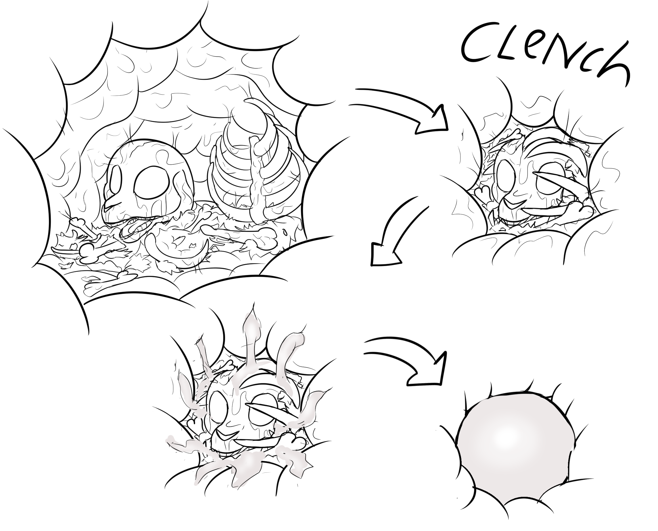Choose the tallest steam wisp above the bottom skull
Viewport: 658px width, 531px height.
(x=251, y=333)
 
